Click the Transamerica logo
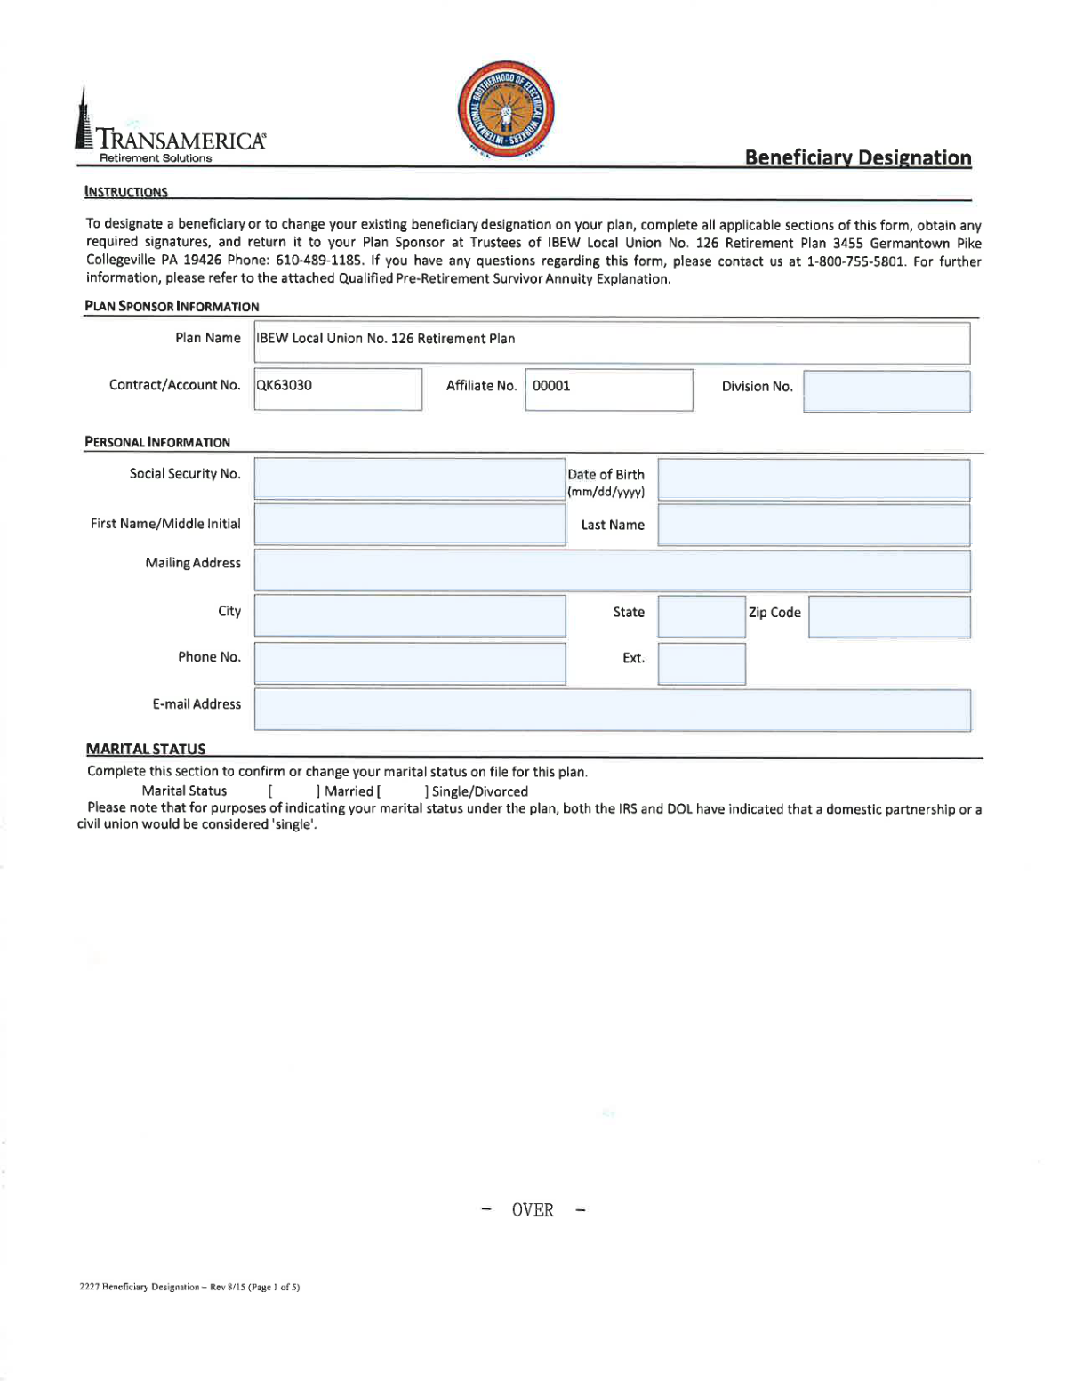[x=169, y=133]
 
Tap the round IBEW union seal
[x=506, y=111]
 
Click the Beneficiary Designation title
[x=857, y=157]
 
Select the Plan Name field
[x=611, y=342]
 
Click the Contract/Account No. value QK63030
[x=285, y=386]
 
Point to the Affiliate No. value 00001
[x=551, y=386]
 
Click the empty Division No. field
[x=886, y=391]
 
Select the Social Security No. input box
[x=409, y=478]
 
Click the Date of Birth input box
[x=813, y=479]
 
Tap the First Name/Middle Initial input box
[x=409, y=525]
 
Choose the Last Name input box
[x=813, y=525]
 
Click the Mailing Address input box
[x=611, y=570]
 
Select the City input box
[x=409, y=615]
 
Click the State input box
[x=701, y=616]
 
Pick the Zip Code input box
[x=888, y=616]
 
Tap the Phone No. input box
[x=409, y=662]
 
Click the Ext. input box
[x=701, y=663]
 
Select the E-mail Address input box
[x=611, y=710]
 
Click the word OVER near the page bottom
[x=533, y=1210]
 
